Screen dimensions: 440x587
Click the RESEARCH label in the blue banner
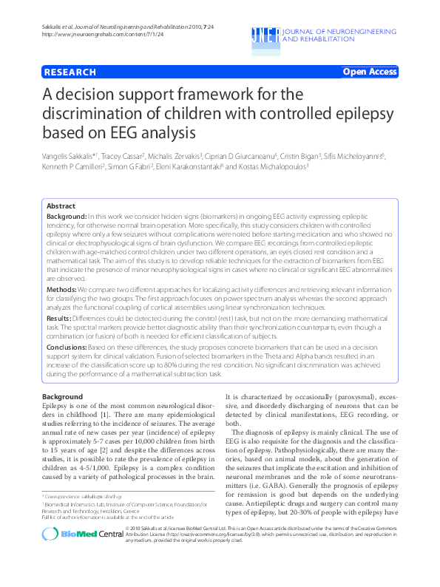(70, 72)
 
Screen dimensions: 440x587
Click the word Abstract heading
(60, 206)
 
